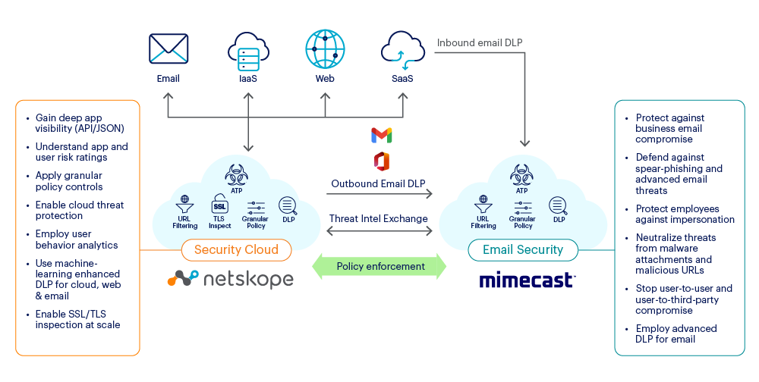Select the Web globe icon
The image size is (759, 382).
pyautogui.click(x=325, y=49)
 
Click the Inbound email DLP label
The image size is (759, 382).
pyautogui.click(x=479, y=42)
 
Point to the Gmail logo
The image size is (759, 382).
pyautogui.click(x=382, y=136)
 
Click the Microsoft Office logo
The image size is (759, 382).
pyautogui.click(x=382, y=161)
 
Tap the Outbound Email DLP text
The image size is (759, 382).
pyautogui.click(x=378, y=183)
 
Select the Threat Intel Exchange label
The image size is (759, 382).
pyautogui.click(x=378, y=219)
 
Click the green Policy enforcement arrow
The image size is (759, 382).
pyautogui.click(x=380, y=266)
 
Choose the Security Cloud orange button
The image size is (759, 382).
pyautogui.click(x=236, y=249)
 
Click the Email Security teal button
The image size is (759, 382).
pyautogui.click(x=522, y=249)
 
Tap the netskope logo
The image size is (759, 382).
pyautogui.click(x=230, y=279)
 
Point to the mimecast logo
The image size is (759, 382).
pyautogui.click(x=526, y=280)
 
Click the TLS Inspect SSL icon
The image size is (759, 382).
pyautogui.click(x=219, y=205)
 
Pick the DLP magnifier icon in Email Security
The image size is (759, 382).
pyautogui.click(x=559, y=205)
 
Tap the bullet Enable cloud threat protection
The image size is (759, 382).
pyautogui.click(x=79, y=210)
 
